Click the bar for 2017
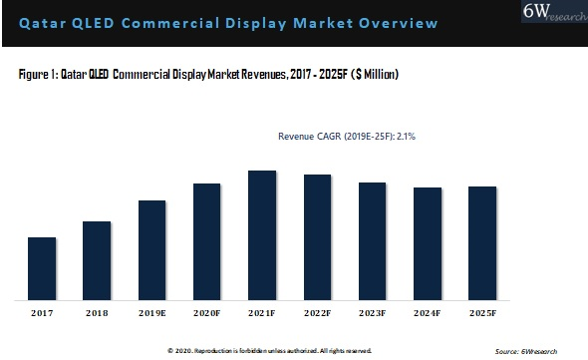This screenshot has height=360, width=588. coord(41,268)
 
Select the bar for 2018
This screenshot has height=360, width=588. coord(97,260)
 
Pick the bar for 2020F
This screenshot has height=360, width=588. coord(206,241)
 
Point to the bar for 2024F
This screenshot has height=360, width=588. coord(428,243)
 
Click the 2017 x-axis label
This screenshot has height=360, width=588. coord(42,313)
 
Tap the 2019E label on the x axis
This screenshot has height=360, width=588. coord(152,313)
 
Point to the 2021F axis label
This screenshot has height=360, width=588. coord(262,313)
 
